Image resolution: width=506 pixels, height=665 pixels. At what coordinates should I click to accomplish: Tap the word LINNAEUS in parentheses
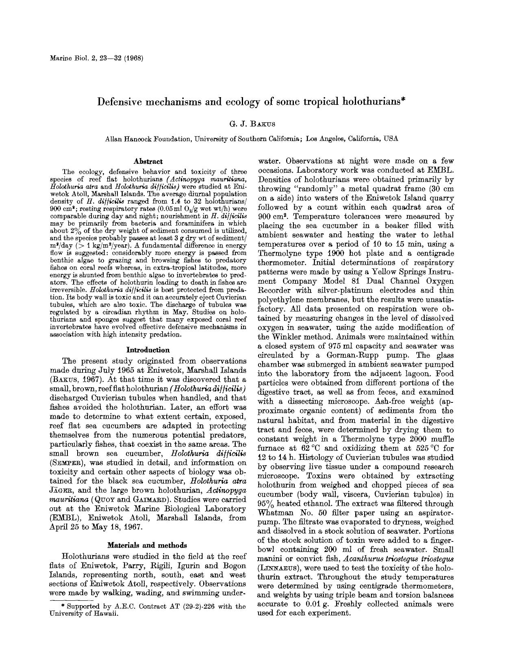[278, 567]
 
